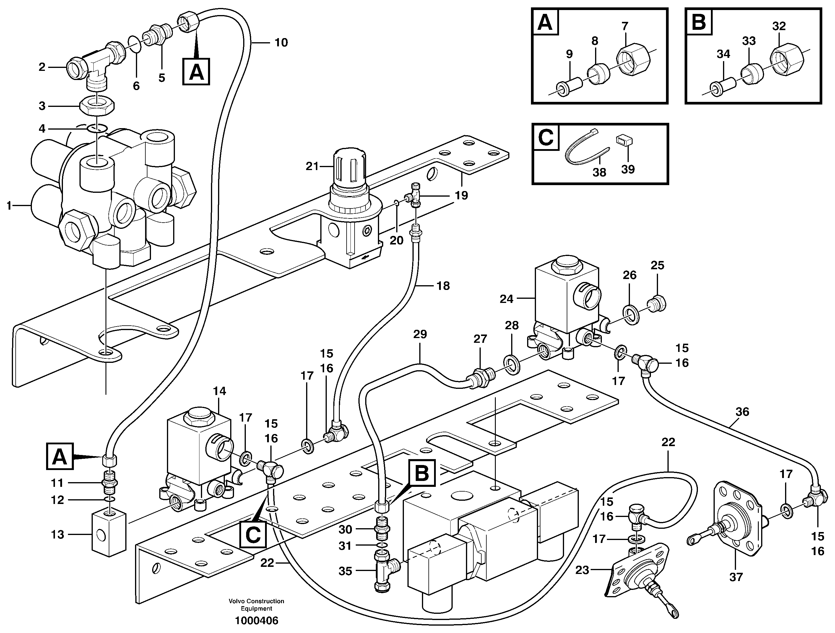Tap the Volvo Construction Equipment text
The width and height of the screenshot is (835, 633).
(x=256, y=605)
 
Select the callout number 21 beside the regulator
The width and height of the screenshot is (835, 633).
(x=312, y=166)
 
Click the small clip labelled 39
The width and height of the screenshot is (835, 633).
(x=625, y=141)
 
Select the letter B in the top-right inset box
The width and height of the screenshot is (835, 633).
(x=699, y=22)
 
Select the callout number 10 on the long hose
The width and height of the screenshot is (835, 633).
(x=281, y=43)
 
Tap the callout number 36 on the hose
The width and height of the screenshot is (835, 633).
(x=742, y=412)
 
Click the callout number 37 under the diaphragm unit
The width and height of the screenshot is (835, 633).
(x=736, y=577)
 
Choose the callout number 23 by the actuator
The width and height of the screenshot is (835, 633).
(x=582, y=570)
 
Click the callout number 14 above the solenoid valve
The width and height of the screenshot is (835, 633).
(x=219, y=391)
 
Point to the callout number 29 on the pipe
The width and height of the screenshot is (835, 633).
(x=420, y=334)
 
